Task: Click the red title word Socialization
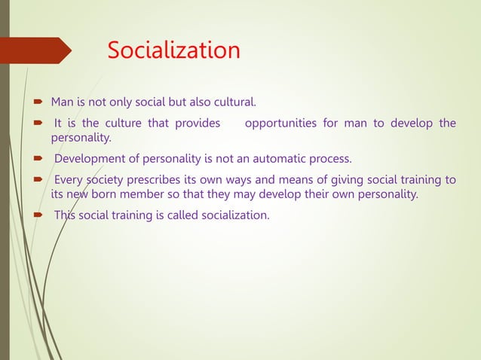(x=173, y=50)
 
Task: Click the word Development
(x=88, y=159)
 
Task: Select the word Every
(x=69, y=179)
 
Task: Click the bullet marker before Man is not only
(x=36, y=102)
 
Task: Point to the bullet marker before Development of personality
(x=36, y=160)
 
